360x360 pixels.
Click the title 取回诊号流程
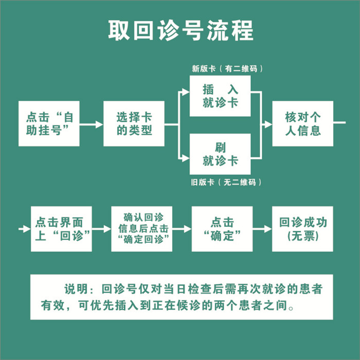(x=180, y=30)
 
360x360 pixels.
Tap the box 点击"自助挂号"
(x=49, y=124)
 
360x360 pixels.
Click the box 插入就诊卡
(x=220, y=96)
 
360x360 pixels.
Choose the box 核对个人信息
(x=303, y=124)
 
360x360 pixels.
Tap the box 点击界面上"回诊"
(x=62, y=229)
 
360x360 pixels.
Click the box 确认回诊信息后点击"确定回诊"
(x=141, y=229)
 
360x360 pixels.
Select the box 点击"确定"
(x=222, y=229)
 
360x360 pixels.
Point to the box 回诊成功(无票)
(x=303, y=229)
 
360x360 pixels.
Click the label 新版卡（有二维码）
(x=224, y=68)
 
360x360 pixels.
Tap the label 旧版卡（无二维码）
(x=224, y=182)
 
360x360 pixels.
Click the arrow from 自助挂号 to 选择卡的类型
(x=92, y=124)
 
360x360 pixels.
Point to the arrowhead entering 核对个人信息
(x=267, y=124)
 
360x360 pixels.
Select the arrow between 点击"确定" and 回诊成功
(x=262, y=229)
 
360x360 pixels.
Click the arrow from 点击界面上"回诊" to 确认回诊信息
(x=102, y=229)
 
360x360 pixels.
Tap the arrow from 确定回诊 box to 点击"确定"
(x=182, y=229)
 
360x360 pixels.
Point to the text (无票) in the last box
(x=303, y=237)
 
